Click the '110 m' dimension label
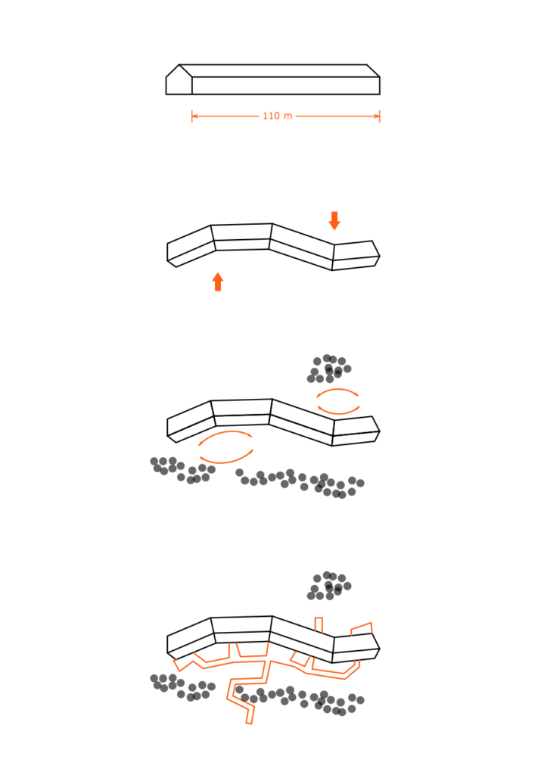277,116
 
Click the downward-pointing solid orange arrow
334,220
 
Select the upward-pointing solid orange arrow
218,282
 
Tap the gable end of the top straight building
179,82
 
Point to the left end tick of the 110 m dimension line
191,116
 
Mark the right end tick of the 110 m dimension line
380,116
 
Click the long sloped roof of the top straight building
279,70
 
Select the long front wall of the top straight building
286,86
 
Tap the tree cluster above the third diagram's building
328,369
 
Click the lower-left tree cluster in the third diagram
182,470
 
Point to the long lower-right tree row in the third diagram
300,483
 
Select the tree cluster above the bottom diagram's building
328,586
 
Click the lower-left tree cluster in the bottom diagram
182,687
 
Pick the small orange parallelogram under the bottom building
300,658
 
